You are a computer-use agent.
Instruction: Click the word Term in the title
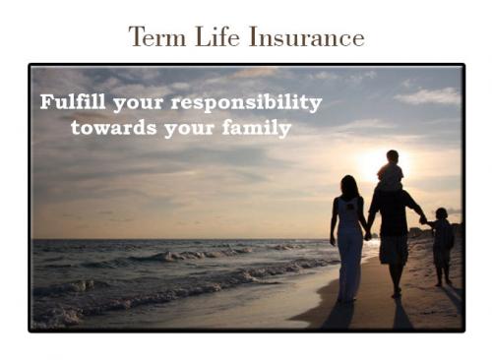[157, 36]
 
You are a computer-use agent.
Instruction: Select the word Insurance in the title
[307, 36]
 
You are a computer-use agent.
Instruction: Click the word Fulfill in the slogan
[73, 101]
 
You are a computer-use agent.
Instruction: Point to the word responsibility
[246, 103]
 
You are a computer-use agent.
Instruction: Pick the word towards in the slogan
[114, 128]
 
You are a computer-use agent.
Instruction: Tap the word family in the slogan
[257, 129]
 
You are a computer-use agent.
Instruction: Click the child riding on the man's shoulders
[391, 170]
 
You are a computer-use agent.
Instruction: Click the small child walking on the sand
[442, 247]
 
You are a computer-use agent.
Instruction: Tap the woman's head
[349, 186]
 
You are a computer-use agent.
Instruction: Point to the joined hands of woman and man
[368, 235]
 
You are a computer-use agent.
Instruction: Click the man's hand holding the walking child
[423, 219]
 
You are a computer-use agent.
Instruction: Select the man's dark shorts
[394, 250]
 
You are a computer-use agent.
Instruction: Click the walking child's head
[442, 213]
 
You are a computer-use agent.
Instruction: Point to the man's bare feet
[397, 292]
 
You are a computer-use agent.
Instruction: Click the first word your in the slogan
[138, 104]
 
